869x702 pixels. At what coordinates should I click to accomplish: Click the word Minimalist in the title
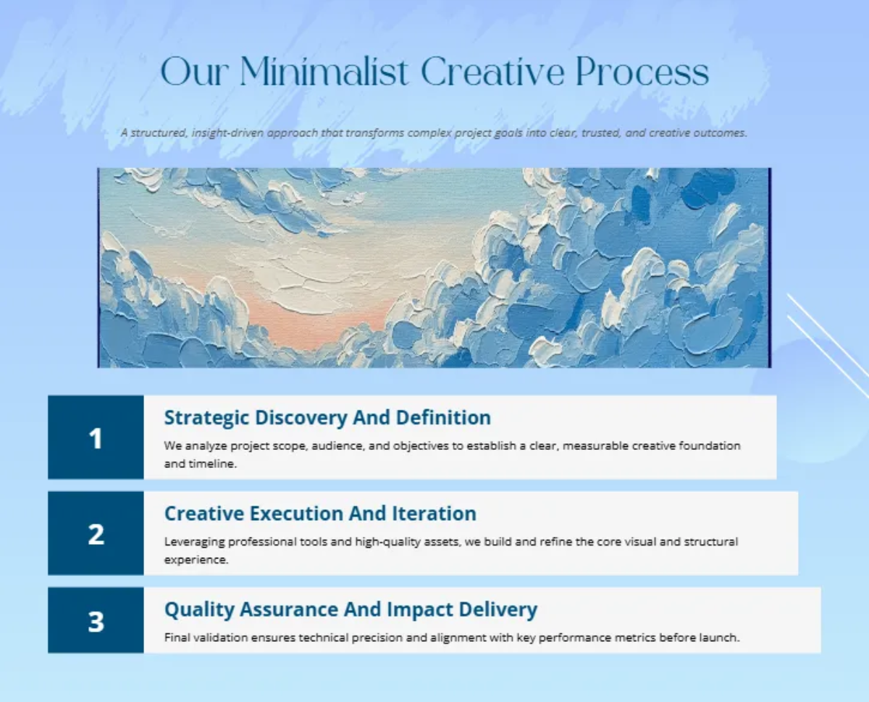[x=324, y=72]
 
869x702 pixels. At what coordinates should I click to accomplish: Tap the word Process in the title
[x=642, y=72]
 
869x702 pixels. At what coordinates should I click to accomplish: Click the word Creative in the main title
[x=492, y=72]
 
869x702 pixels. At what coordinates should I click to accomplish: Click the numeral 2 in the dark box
[x=96, y=534]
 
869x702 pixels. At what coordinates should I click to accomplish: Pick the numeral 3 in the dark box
[x=96, y=622]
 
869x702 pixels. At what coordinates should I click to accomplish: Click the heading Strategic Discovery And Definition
[x=327, y=418]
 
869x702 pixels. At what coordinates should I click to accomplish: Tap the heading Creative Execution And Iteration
[x=320, y=514]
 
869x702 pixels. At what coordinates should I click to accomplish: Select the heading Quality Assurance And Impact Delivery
[x=351, y=610]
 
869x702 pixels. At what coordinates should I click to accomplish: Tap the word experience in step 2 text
[x=196, y=560]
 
